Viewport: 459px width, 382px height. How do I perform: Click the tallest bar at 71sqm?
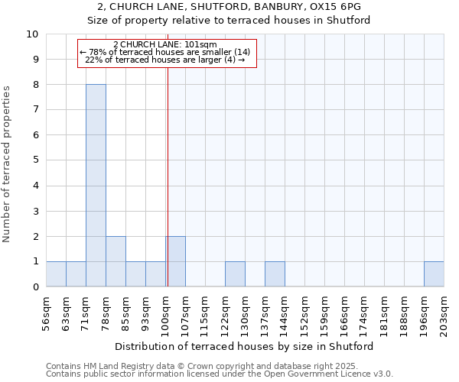click(x=96, y=186)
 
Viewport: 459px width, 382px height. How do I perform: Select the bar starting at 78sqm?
click(x=116, y=261)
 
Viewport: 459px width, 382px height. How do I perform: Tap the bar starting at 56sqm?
click(x=56, y=274)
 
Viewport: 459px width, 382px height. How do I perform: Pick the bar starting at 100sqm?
click(x=175, y=261)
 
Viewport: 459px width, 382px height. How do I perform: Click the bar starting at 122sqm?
click(x=235, y=274)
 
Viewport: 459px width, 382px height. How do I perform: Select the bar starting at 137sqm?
click(x=275, y=274)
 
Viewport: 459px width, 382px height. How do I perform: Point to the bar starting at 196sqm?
click(x=434, y=274)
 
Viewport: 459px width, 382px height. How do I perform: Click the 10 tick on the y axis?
click(x=33, y=34)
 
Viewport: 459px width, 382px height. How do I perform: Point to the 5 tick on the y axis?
click(x=35, y=160)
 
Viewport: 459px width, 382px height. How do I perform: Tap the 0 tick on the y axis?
click(x=35, y=287)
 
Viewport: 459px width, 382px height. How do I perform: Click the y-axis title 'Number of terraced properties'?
click(x=8, y=164)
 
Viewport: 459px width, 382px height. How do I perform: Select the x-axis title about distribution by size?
click(x=245, y=346)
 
